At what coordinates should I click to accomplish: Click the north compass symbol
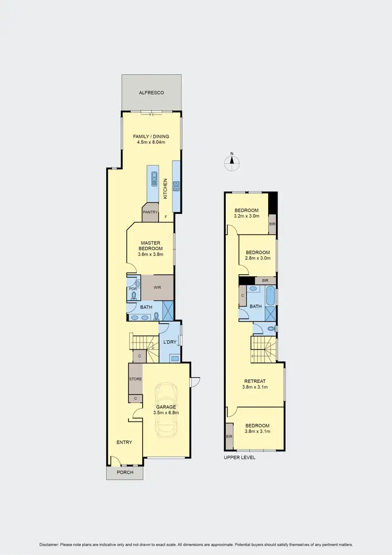(232, 163)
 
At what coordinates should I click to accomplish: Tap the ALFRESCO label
(152, 93)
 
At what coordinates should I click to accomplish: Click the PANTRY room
(151, 212)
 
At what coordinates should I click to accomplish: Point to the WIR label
(157, 288)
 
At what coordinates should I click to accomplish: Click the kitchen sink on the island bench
(154, 178)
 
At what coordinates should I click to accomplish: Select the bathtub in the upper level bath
(270, 296)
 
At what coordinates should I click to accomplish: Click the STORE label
(135, 379)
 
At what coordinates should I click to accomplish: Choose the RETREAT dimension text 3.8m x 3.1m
(256, 388)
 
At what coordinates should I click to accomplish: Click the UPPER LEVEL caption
(239, 457)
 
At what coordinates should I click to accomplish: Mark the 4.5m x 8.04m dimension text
(151, 143)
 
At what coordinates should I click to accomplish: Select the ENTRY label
(124, 443)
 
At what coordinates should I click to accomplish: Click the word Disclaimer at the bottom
(51, 545)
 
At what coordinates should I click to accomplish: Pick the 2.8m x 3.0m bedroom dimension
(258, 258)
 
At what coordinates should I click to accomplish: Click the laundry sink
(174, 358)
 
